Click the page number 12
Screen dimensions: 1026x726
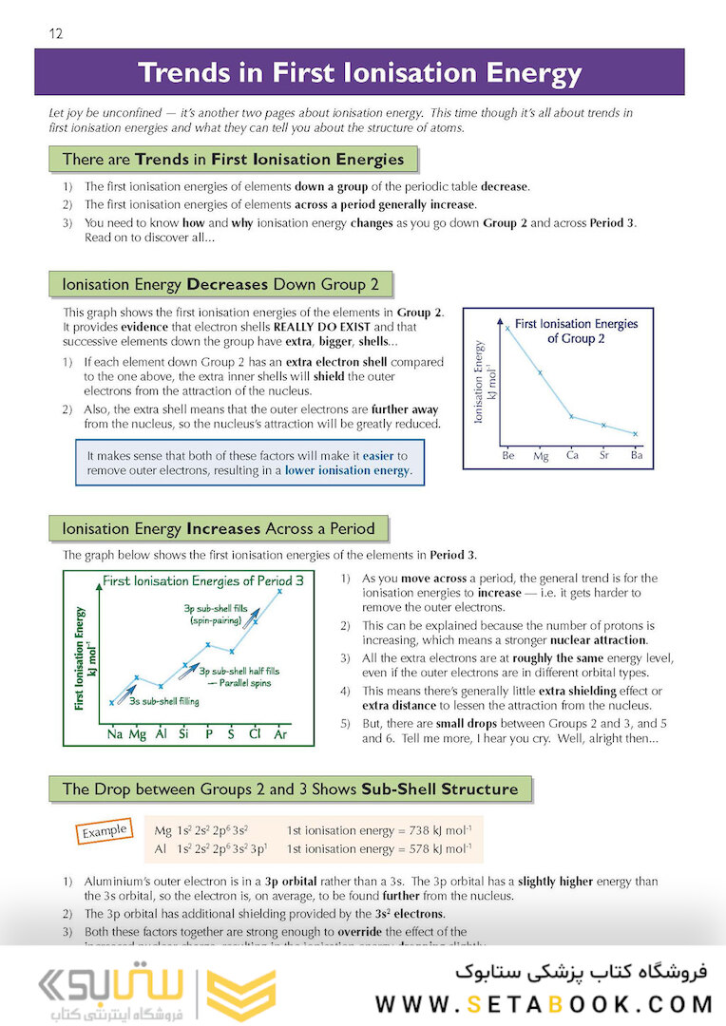click(55, 34)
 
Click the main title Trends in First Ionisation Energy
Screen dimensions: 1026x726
click(359, 73)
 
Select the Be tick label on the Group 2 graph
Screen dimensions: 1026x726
click(508, 456)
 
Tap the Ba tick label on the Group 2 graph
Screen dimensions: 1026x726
click(636, 456)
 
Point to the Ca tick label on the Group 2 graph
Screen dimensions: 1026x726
click(572, 456)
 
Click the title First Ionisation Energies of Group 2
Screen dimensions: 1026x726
click(576, 331)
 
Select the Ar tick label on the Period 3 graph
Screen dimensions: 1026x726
click(280, 734)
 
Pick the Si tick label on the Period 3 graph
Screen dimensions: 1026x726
click(185, 734)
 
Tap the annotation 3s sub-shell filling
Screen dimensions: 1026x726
click(163, 701)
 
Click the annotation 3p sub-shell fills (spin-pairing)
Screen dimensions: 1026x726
click(219, 613)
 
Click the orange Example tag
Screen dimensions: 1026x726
click(104, 831)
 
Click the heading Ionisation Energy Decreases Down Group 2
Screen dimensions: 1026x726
click(220, 284)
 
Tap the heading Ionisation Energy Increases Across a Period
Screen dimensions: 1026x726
click(219, 528)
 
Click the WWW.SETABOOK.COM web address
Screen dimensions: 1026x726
click(544, 1003)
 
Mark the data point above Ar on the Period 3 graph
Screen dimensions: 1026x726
click(279, 591)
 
